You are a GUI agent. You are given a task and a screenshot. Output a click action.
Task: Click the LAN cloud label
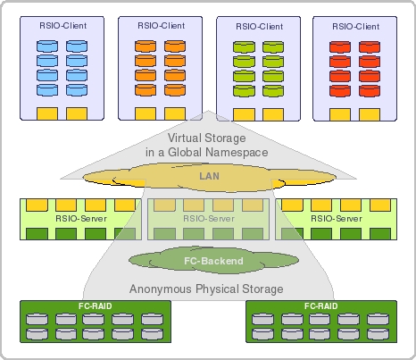(x=210, y=176)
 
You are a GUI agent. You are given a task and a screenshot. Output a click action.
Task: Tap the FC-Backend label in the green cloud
(x=213, y=261)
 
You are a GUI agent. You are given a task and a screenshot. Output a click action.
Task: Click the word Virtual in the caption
(x=185, y=138)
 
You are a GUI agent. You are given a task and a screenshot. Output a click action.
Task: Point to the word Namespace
(x=237, y=152)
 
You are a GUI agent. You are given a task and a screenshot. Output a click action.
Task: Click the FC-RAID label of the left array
(x=96, y=306)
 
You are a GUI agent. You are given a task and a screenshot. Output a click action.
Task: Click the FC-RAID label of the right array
(x=321, y=306)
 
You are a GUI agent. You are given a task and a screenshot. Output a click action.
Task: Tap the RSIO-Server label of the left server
(x=81, y=219)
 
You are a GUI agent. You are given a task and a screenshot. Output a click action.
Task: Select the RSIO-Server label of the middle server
(x=209, y=219)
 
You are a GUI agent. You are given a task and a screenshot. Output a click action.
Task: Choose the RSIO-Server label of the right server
(x=337, y=219)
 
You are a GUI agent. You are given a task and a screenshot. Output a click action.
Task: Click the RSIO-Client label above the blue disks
(x=63, y=26)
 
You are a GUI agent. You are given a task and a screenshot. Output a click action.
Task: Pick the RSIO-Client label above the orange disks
(x=162, y=26)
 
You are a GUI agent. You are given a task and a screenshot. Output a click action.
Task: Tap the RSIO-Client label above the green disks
(x=260, y=27)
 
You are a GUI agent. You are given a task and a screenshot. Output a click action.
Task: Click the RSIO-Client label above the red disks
(x=356, y=27)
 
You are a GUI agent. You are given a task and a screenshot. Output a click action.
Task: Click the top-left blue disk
(x=47, y=46)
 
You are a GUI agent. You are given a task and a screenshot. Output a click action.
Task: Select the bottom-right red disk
(x=370, y=91)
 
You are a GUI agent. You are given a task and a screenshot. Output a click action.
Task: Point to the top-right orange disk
(x=175, y=46)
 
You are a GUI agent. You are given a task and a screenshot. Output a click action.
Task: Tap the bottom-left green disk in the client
(x=244, y=91)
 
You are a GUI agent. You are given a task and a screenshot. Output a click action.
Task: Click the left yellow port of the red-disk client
(x=340, y=114)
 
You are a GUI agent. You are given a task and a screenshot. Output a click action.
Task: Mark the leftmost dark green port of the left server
(x=37, y=234)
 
